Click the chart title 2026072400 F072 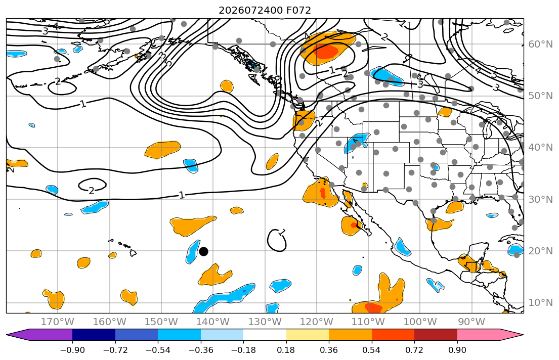(265, 10)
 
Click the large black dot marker (203, 252)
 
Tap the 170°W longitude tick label (58, 322)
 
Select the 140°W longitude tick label (213, 322)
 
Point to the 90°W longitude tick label (471, 322)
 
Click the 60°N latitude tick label (540, 44)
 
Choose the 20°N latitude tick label (540, 251)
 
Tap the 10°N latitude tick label (540, 303)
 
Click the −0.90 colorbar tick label (72, 350)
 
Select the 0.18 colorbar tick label (286, 350)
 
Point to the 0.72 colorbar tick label (414, 350)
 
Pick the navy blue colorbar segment (94, 335)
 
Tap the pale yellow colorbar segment (307, 335)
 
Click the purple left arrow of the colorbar (39, 335)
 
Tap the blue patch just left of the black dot (193, 251)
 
